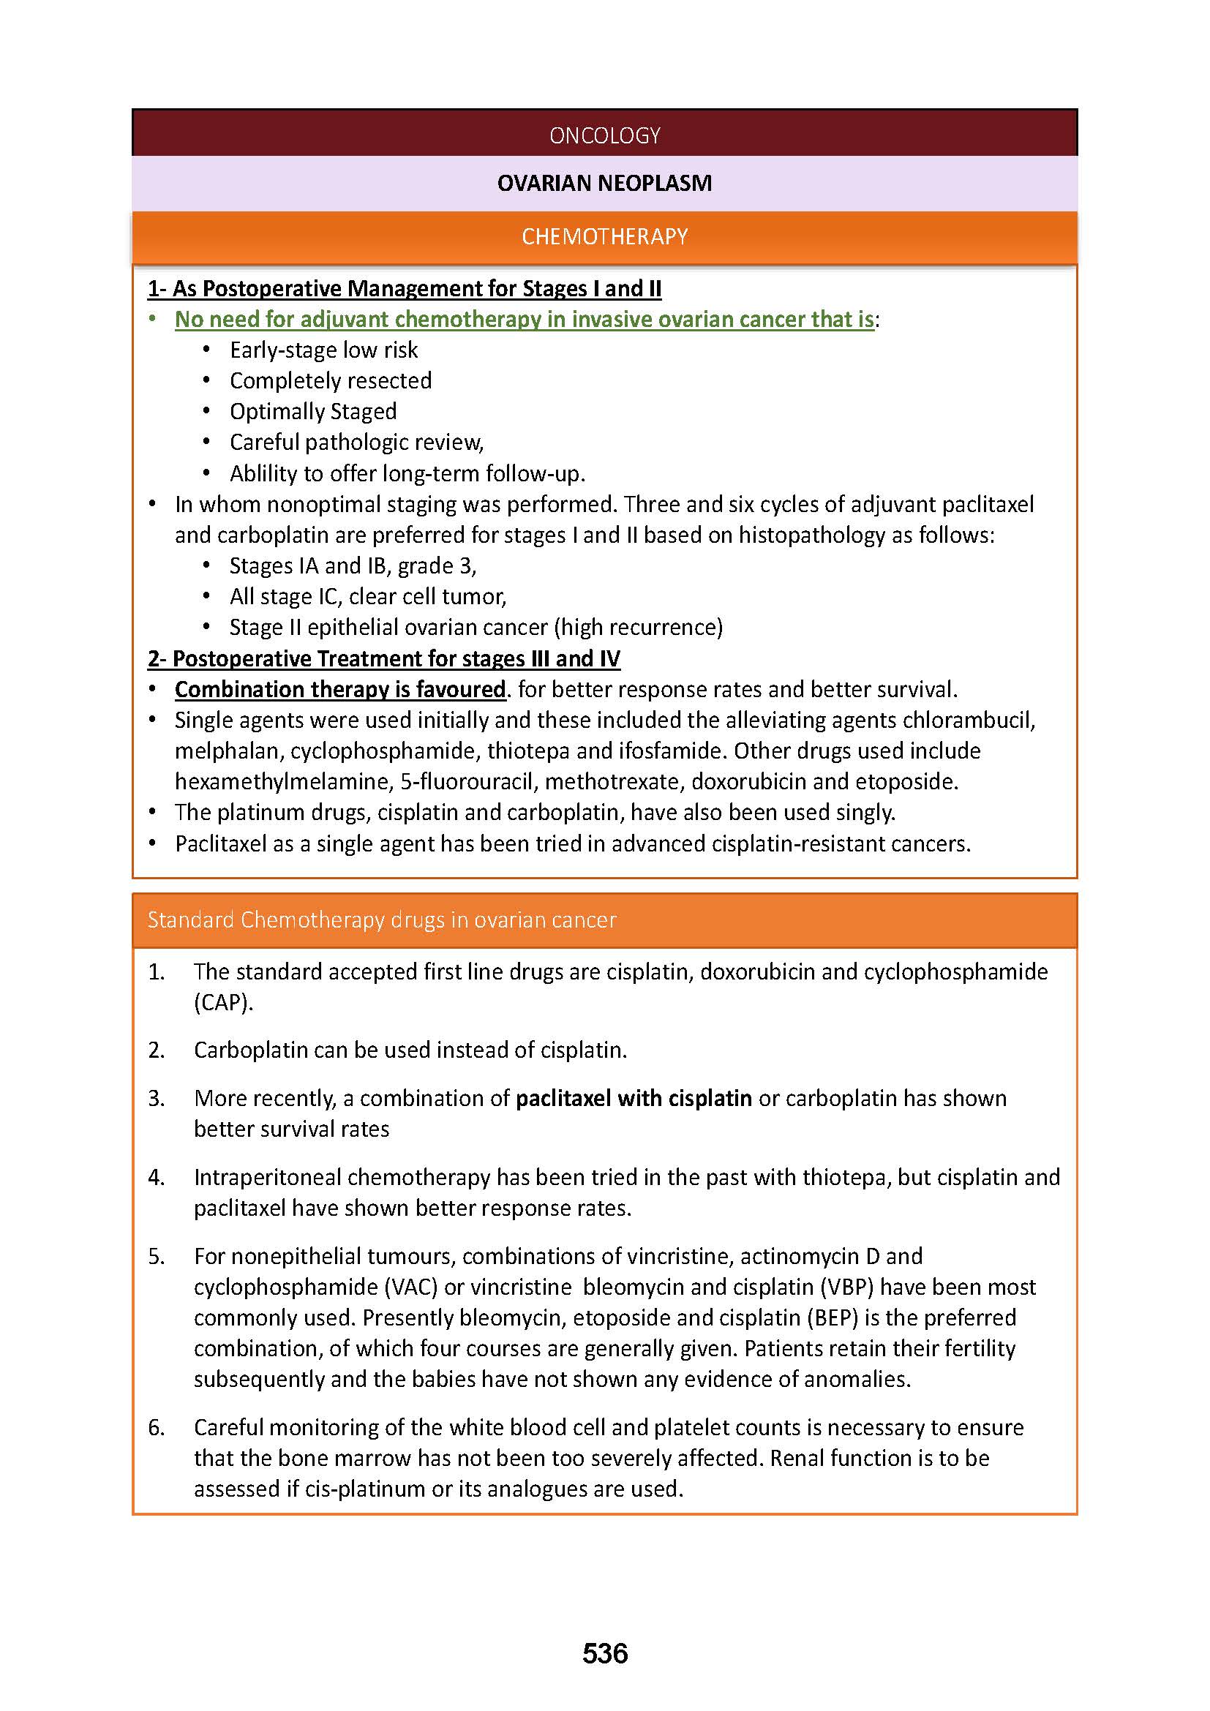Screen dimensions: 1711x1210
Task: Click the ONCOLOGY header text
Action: [x=604, y=135]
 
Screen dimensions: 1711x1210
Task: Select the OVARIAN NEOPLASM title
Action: [x=604, y=183]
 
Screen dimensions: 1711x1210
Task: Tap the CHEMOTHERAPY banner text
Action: [x=604, y=236]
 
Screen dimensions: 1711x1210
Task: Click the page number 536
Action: [x=605, y=1654]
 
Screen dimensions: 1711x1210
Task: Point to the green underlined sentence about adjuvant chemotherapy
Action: [x=524, y=319]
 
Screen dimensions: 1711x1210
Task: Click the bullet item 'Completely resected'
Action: [x=330, y=381]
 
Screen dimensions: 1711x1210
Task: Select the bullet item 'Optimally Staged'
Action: [x=313, y=411]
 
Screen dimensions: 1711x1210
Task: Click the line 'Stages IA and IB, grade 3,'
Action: [x=353, y=565]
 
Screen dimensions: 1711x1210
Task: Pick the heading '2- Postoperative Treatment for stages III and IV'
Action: [x=384, y=659]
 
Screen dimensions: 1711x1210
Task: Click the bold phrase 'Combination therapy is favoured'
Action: [x=339, y=689]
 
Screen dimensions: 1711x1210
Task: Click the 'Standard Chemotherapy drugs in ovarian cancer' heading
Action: [x=381, y=920]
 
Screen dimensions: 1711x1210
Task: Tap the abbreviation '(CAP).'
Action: [x=224, y=1002]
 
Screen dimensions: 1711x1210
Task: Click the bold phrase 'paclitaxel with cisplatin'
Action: [x=634, y=1098]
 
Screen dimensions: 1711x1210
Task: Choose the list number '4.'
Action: [x=157, y=1177]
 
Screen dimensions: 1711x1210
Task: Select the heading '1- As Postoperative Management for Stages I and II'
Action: [x=405, y=288]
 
